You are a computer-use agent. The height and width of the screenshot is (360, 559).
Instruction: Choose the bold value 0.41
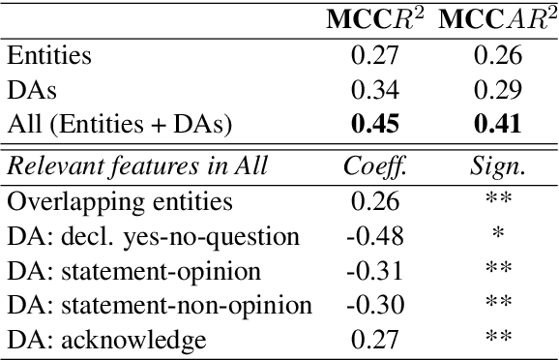tap(498, 124)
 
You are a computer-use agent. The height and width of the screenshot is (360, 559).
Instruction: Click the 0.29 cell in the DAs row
tap(498, 89)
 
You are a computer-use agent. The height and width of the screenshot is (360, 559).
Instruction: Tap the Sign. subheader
tap(498, 166)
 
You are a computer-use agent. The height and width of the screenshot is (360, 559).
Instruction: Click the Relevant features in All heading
tap(136, 166)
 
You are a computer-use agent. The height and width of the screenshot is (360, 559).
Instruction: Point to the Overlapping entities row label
tap(119, 201)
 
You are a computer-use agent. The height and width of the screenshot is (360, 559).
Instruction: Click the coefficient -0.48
tap(371, 236)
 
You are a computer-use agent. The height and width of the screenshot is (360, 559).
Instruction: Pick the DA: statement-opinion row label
tap(132, 271)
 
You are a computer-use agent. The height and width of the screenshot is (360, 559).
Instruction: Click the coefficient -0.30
tap(371, 306)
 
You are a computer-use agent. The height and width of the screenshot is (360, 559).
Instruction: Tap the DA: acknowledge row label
tap(105, 341)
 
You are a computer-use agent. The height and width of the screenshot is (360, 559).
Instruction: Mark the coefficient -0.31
tap(371, 271)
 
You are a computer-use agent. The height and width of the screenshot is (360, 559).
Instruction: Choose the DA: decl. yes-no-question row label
tap(152, 236)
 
